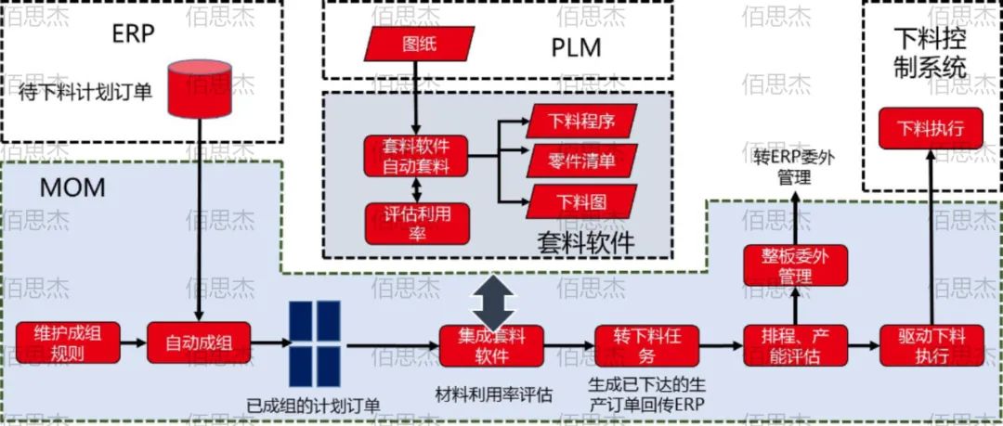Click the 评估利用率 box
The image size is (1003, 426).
[x=416, y=222]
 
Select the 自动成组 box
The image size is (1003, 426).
[x=198, y=342]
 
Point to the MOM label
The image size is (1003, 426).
[x=72, y=188]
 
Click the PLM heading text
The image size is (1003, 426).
[x=576, y=46]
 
